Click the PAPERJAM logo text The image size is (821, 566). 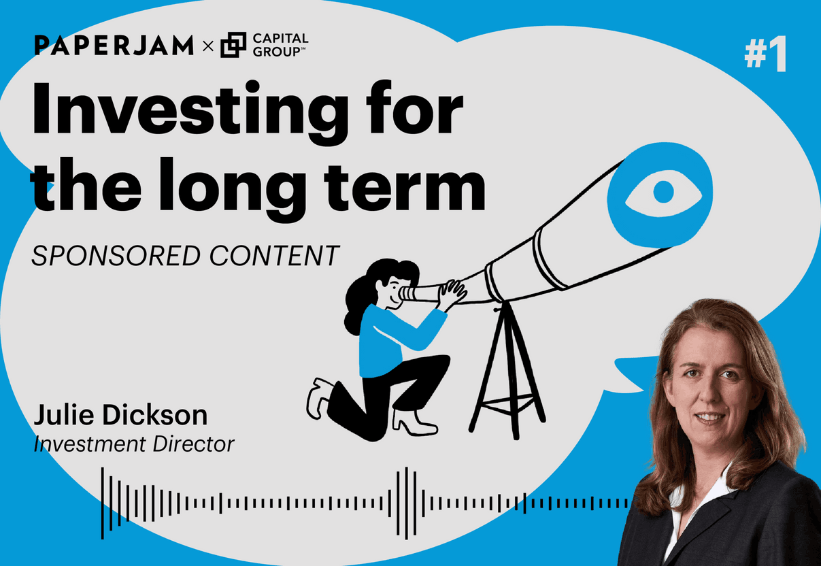[114, 46]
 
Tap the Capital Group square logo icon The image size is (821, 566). [233, 46]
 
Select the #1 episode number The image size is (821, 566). [765, 55]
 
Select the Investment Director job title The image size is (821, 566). [134, 444]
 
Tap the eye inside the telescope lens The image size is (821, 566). [658, 193]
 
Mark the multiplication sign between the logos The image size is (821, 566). [208, 46]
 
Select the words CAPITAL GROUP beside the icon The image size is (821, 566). [280, 46]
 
